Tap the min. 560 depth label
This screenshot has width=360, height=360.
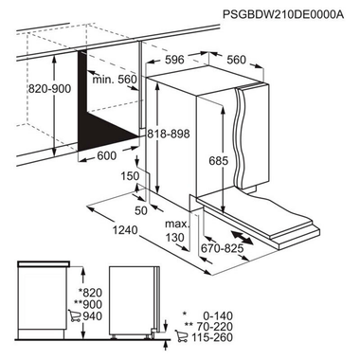(114, 81)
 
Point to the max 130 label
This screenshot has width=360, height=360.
(174, 229)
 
